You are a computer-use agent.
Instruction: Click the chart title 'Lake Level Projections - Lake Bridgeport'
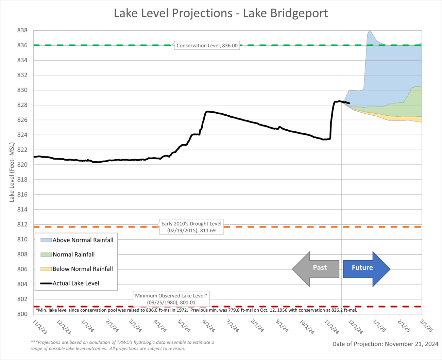pos(221,13)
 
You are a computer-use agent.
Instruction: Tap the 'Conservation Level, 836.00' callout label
pos(207,46)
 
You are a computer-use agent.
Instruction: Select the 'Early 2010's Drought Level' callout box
pos(191,227)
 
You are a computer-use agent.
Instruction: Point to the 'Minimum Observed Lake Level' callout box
pos(171,299)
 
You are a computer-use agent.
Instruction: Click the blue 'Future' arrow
pos(366,269)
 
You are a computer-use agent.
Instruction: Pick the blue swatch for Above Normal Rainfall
pos(46,240)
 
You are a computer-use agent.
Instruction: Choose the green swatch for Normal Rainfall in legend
pos(46,255)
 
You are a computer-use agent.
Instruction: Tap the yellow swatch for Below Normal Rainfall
pos(46,269)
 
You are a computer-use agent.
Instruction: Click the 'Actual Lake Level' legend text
pos(76,283)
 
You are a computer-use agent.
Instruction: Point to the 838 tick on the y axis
pos(22,30)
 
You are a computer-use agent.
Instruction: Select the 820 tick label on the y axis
pos(22,165)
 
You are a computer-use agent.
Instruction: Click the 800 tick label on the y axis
pos(22,314)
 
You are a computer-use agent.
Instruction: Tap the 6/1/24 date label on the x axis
pos(209,326)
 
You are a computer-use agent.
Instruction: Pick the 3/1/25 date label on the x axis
pos(426,326)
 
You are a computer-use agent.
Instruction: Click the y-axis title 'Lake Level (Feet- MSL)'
pos(12,172)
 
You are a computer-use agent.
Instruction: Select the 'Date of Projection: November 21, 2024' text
pos(385,344)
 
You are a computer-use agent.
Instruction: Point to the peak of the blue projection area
pos(369,31)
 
